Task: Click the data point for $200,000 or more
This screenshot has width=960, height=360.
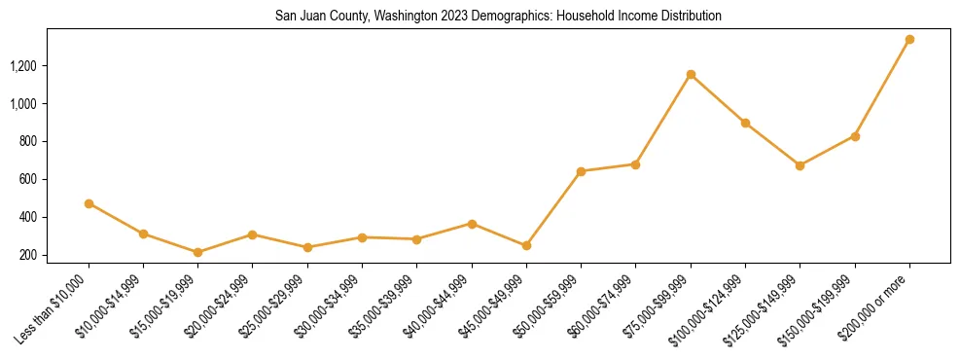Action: [909, 40]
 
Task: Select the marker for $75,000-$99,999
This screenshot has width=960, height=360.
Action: [691, 74]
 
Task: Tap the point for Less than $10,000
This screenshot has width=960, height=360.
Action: [89, 203]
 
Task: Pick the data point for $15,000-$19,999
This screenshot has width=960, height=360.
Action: [197, 252]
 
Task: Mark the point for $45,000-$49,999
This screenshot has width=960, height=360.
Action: [526, 245]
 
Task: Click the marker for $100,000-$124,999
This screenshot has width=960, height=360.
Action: [745, 123]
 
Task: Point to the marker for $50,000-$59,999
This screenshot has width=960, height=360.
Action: [581, 171]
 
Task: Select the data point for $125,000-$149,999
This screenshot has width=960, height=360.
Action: [800, 165]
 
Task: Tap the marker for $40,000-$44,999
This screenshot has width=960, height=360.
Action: [472, 224]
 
